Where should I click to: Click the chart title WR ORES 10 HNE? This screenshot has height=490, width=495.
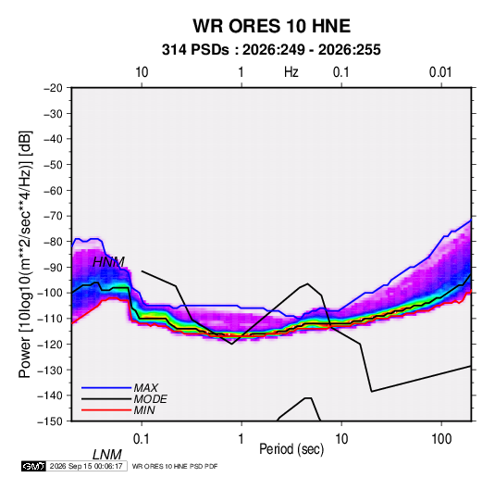tap(271, 26)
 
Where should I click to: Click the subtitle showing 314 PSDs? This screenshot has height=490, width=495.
tap(271, 50)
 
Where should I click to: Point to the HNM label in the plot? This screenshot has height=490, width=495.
tap(108, 262)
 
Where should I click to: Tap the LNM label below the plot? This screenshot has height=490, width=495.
tap(106, 455)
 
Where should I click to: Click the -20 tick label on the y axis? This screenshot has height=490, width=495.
tap(53, 88)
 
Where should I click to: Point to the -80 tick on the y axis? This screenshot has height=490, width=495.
tap(53, 242)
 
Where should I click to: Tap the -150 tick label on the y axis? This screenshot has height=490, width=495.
tap(50, 421)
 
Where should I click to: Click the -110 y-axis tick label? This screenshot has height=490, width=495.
tap(50, 319)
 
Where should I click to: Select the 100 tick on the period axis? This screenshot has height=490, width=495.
tap(441, 439)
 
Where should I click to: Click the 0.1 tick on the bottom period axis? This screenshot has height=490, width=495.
tap(142, 439)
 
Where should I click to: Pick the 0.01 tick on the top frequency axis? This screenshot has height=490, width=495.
tap(440, 72)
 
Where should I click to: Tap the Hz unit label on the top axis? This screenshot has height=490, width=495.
tap(291, 72)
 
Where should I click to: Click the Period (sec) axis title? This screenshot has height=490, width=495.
tap(291, 449)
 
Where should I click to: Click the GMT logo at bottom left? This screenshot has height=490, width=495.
tap(34, 466)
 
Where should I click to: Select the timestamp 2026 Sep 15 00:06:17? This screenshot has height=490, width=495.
tap(86, 466)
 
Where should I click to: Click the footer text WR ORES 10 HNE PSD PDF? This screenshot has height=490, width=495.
tap(175, 466)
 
